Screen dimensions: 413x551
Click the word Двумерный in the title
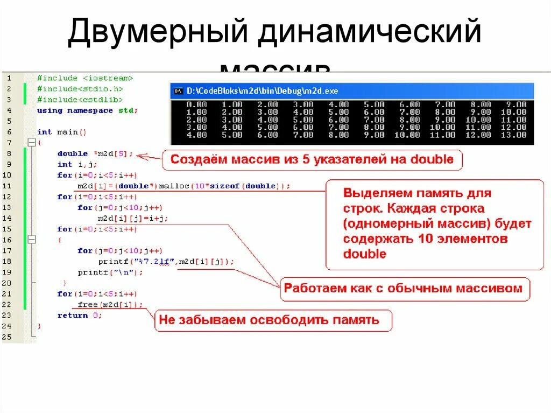157,33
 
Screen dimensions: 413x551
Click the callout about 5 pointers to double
312,159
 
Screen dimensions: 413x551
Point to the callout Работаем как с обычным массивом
403,288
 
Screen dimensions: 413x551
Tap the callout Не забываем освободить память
269,320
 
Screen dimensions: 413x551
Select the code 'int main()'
62,132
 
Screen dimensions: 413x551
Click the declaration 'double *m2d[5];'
95,153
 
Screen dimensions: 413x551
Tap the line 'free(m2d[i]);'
110,304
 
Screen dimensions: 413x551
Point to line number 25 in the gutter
7,337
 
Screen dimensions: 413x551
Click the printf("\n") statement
110,272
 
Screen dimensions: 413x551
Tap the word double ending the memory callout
365,254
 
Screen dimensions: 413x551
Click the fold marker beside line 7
32,143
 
